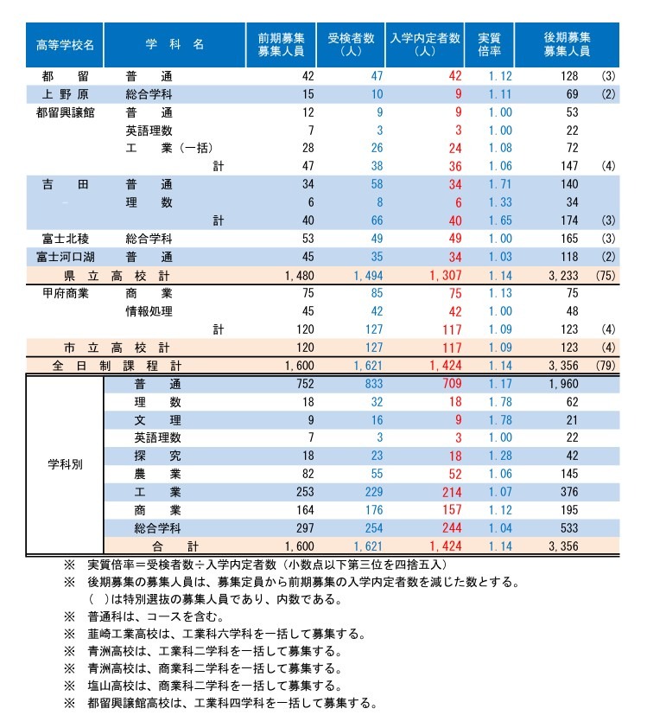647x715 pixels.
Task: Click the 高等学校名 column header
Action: pyautogui.click(x=65, y=44)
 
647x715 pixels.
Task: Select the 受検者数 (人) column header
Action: pyautogui.click(x=351, y=44)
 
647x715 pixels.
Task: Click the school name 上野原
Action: pyautogui.click(x=65, y=93)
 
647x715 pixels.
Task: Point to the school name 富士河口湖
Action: pyautogui.click(x=65, y=257)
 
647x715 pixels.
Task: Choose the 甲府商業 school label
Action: pyautogui.click(x=65, y=293)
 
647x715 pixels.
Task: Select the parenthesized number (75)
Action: pyautogui.click(x=606, y=275)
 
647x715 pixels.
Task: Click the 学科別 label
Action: pyautogui.click(x=65, y=464)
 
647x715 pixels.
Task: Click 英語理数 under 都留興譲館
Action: pyautogui.click(x=149, y=130)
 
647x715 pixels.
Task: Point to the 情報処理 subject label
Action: pyautogui.click(x=149, y=311)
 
